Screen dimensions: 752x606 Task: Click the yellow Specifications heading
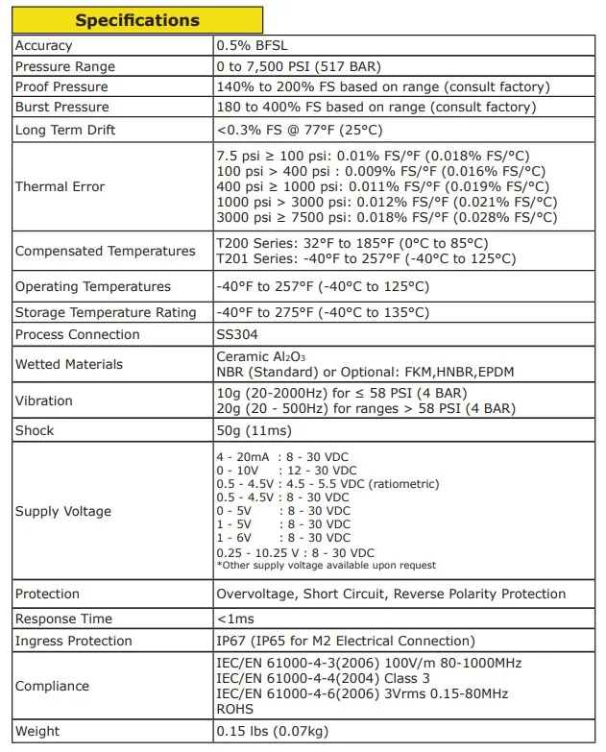(x=137, y=20)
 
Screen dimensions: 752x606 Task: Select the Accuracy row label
(x=44, y=46)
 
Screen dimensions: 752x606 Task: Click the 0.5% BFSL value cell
(x=251, y=46)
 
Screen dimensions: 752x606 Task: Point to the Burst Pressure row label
(x=61, y=107)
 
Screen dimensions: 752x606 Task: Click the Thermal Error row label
(x=60, y=186)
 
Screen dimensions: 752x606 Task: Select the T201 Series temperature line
(x=366, y=259)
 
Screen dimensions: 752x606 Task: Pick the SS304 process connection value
(x=237, y=334)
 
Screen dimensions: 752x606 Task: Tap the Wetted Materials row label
(x=69, y=364)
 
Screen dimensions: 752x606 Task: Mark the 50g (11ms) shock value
(x=254, y=430)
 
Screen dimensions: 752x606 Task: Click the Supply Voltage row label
(x=63, y=512)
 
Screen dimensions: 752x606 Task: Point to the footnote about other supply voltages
(x=326, y=566)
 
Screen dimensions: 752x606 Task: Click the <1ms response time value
(x=235, y=619)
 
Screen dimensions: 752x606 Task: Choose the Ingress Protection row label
(x=73, y=641)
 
